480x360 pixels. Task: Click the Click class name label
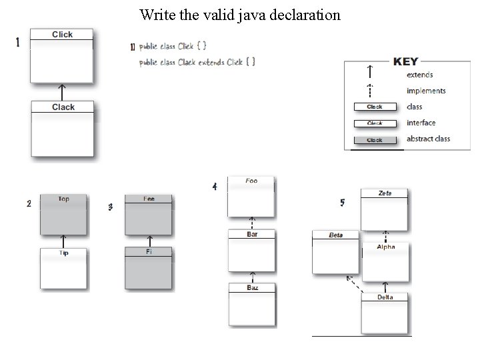pos(62,35)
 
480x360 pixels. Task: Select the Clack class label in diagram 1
pos(63,107)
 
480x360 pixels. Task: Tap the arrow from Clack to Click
pos(62,91)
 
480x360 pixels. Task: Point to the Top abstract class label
pos(63,199)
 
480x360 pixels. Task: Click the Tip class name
pos(63,253)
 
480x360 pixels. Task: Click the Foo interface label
pos(251,181)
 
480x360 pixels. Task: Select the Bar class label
pos(252,235)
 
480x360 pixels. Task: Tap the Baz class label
pos(252,288)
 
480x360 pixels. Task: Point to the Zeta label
pos(385,193)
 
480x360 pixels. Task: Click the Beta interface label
pos(335,235)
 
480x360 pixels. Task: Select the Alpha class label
pos(385,247)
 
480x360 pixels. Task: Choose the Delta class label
pos(385,297)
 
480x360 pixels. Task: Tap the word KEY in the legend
pos(406,61)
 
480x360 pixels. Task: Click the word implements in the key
pos(426,91)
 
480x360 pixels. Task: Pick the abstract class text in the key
pos(428,139)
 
